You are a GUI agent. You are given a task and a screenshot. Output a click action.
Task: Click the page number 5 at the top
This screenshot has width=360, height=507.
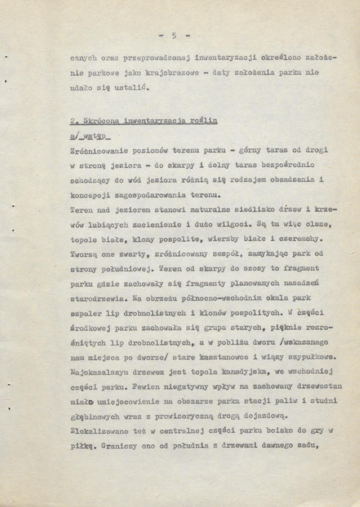point(173,36)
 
